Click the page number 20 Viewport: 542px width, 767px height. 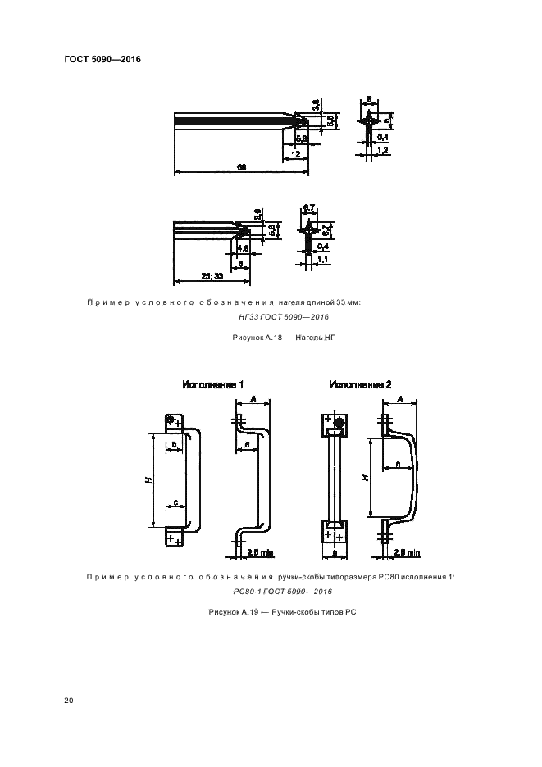tap(68, 700)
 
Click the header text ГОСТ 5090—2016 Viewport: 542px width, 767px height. tap(102, 60)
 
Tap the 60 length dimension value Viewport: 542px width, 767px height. tap(241, 167)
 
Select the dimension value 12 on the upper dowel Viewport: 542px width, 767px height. tap(294, 153)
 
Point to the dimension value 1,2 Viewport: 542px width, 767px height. tap(382, 152)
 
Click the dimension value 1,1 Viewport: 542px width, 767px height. tap(323, 259)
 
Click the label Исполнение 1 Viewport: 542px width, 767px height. tap(212, 384)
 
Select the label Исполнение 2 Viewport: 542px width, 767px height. tap(360, 384)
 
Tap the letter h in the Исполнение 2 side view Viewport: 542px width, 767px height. tap(399, 465)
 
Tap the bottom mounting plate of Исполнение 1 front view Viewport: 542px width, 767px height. tap(174, 538)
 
